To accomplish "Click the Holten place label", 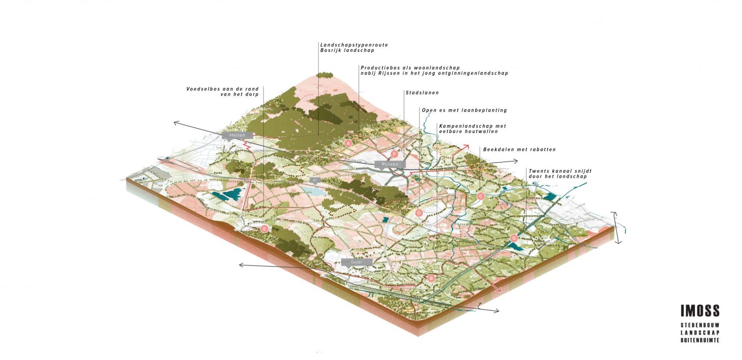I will (x=237, y=135).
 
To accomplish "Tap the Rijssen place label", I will (x=390, y=164).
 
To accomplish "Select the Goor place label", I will (x=356, y=262).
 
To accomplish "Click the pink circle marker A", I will (x=348, y=143).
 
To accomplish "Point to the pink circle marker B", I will (x=431, y=278).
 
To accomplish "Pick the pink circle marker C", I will (x=481, y=196).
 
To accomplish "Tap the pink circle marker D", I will (x=419, y=213).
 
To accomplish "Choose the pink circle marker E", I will (x=264, y=229).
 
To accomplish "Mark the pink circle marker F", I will (x=394, y=154).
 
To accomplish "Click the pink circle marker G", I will (x=514, y=238).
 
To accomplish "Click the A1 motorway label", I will (x=315, y=180).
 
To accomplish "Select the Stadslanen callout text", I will (x=422, y=93).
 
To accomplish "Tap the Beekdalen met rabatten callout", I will (x=519, y=149).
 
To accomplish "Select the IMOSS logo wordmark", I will (x=700, y=311).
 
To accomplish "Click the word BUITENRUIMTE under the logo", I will (x=700, y=340).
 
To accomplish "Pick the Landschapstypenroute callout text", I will (x=354, y=45).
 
